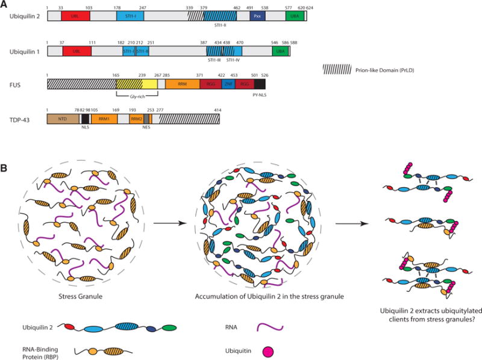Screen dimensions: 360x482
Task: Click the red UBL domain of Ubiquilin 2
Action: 75,17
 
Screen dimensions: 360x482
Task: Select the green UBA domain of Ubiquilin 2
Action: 295,17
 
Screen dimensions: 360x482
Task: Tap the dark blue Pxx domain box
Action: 258,17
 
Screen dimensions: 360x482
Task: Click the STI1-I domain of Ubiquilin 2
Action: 131,17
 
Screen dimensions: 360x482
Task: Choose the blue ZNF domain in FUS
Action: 229,84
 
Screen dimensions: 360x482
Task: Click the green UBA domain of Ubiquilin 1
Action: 280,51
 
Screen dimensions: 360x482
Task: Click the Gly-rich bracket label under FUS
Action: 137,96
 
